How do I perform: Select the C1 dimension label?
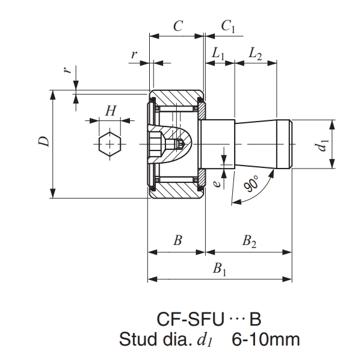(228, 26)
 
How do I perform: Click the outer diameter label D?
(43, 142)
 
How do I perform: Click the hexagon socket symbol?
(110, 144)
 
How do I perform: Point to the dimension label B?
(177, 241)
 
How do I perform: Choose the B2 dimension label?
(249, 241)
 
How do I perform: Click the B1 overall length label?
(220, 269)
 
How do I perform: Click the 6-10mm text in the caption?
(265, 339)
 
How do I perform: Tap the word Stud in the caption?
(138, 339)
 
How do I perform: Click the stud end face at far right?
(291, 144)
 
